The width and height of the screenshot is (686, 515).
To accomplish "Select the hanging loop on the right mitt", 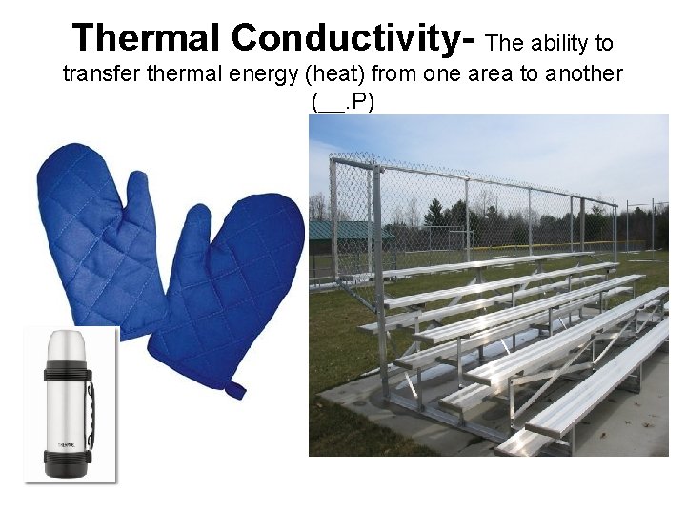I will [233, 388].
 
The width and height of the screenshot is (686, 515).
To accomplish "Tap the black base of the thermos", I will [68, 464].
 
